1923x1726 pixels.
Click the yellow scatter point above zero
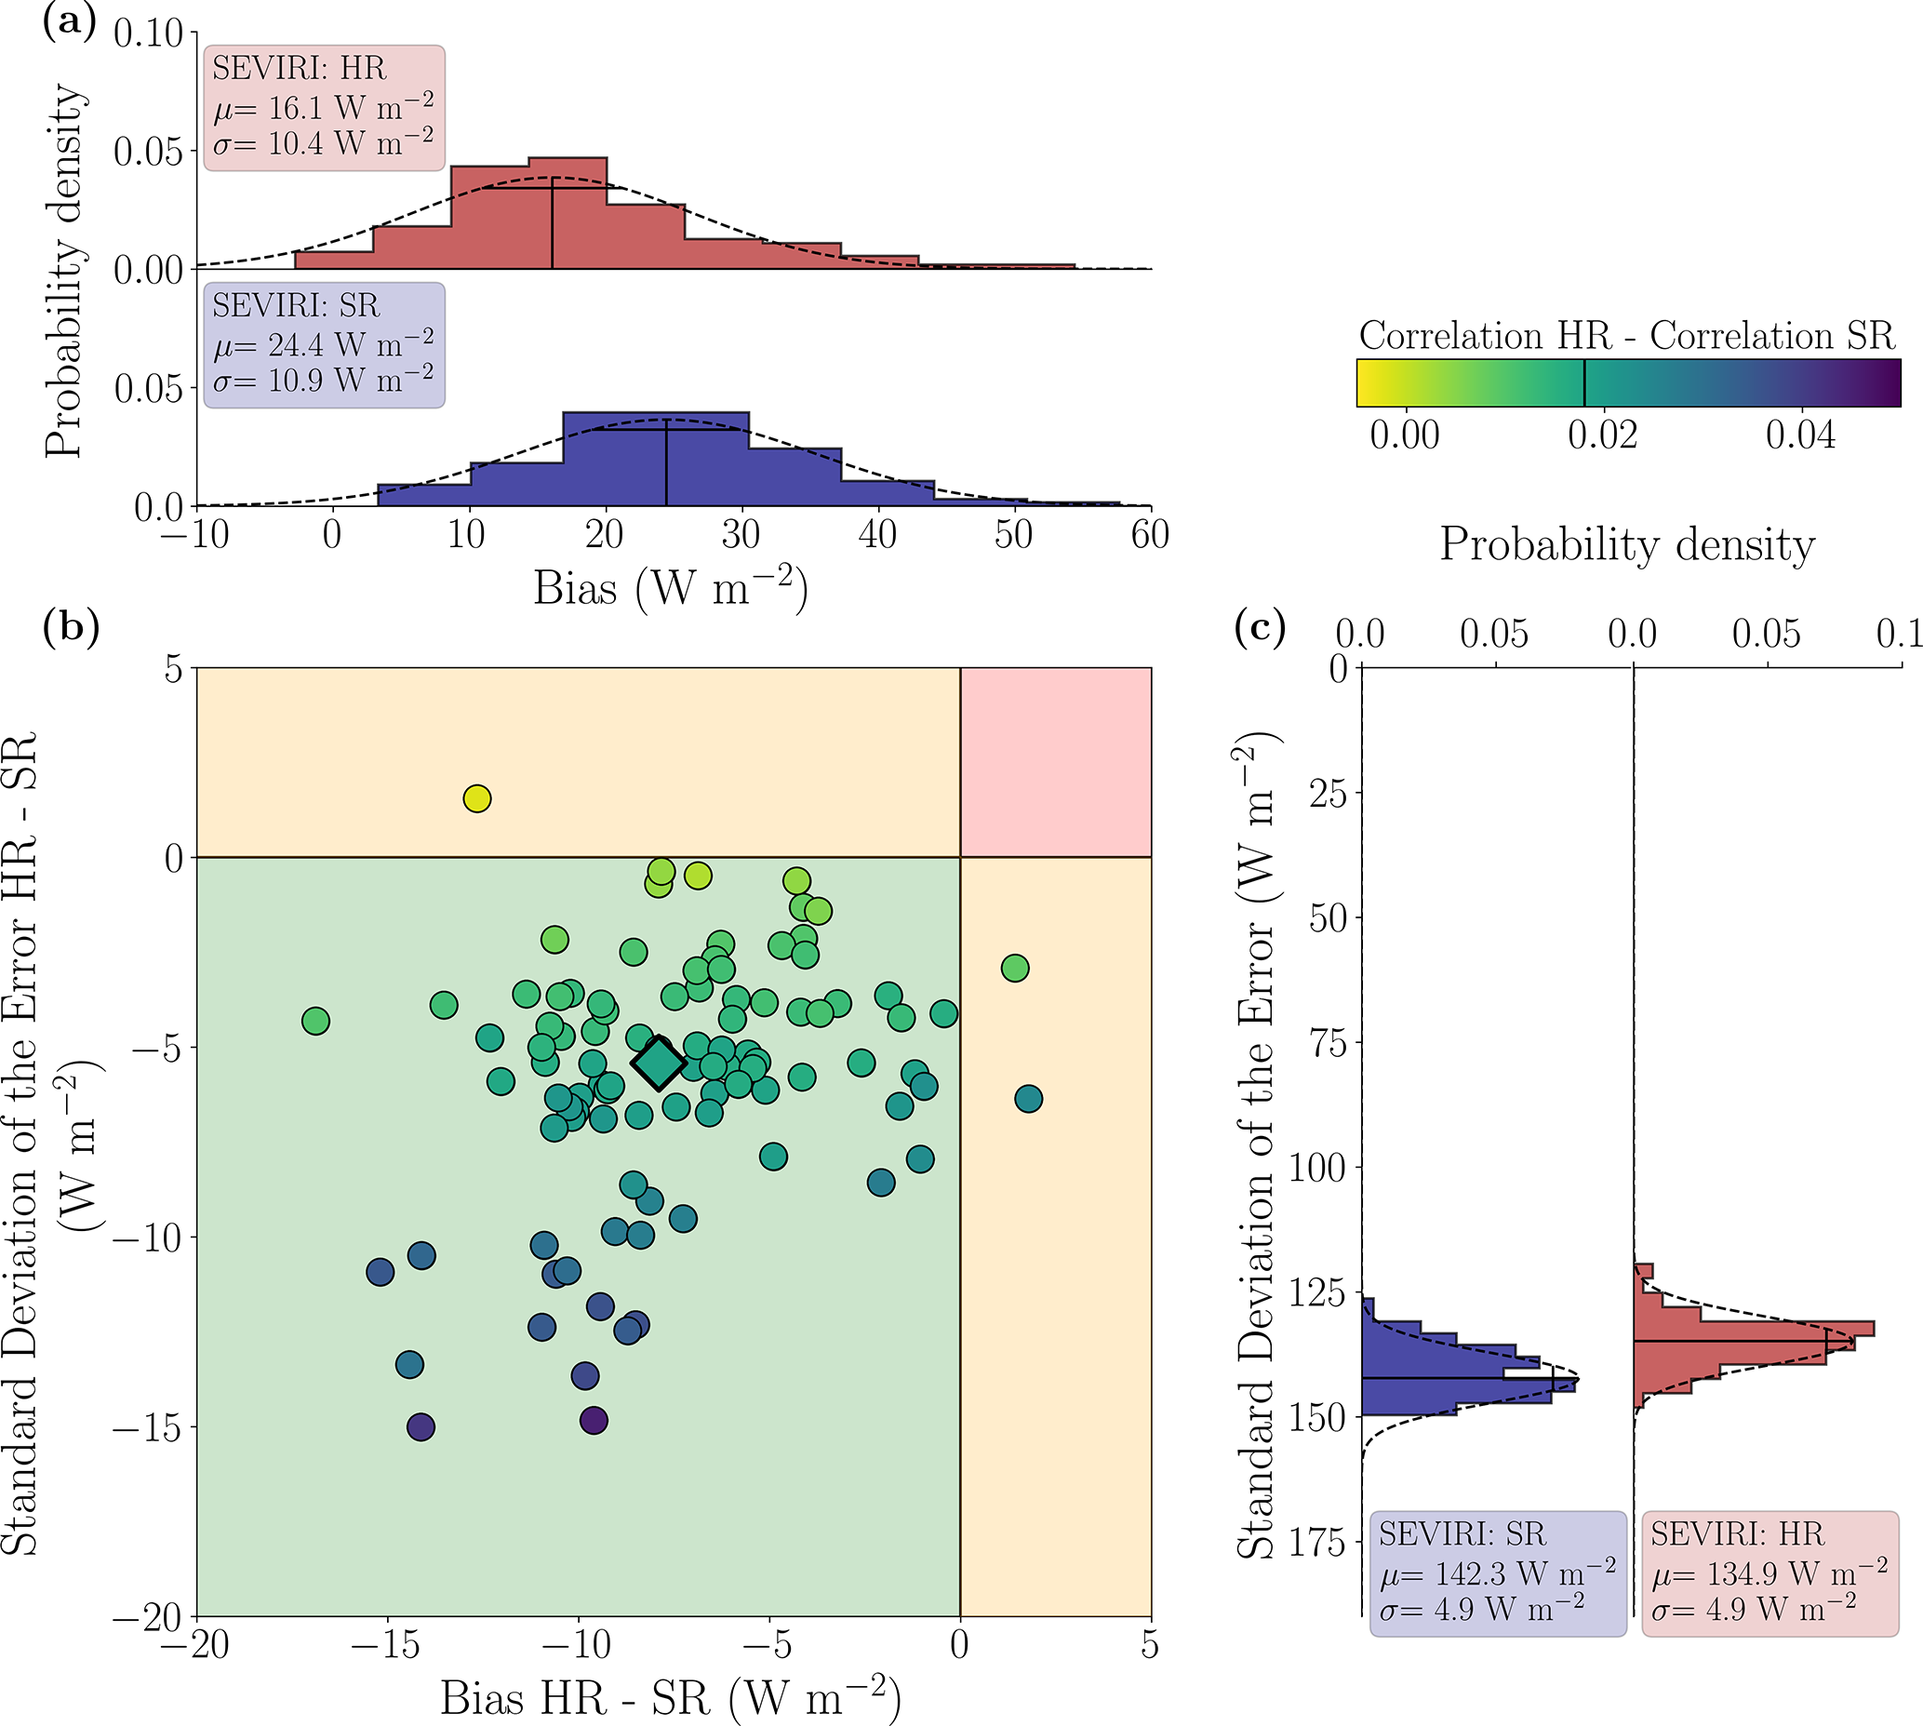(477, 798)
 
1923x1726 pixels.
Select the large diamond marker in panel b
(659, 1064)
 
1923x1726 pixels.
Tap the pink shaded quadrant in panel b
(1055, 761)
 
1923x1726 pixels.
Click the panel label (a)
(69, 20)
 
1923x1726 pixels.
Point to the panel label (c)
(1260, 627)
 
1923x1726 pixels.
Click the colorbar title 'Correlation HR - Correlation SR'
(1626, 336)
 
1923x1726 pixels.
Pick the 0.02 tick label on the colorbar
(1602, 435)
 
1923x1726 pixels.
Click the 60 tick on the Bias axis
(1149, 535)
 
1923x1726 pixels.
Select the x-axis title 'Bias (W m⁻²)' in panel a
(671, 588)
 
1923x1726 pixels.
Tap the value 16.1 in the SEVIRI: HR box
(294, 108)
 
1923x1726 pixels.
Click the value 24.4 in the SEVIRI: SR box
(294, 345)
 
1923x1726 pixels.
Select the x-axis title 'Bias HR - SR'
(671, 1698)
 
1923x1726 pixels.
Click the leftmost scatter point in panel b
(315, 1022)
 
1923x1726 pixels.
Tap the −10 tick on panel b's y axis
(147, 1238)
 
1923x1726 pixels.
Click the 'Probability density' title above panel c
(1627, 545)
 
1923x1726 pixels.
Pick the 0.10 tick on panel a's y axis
(148, 34)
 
